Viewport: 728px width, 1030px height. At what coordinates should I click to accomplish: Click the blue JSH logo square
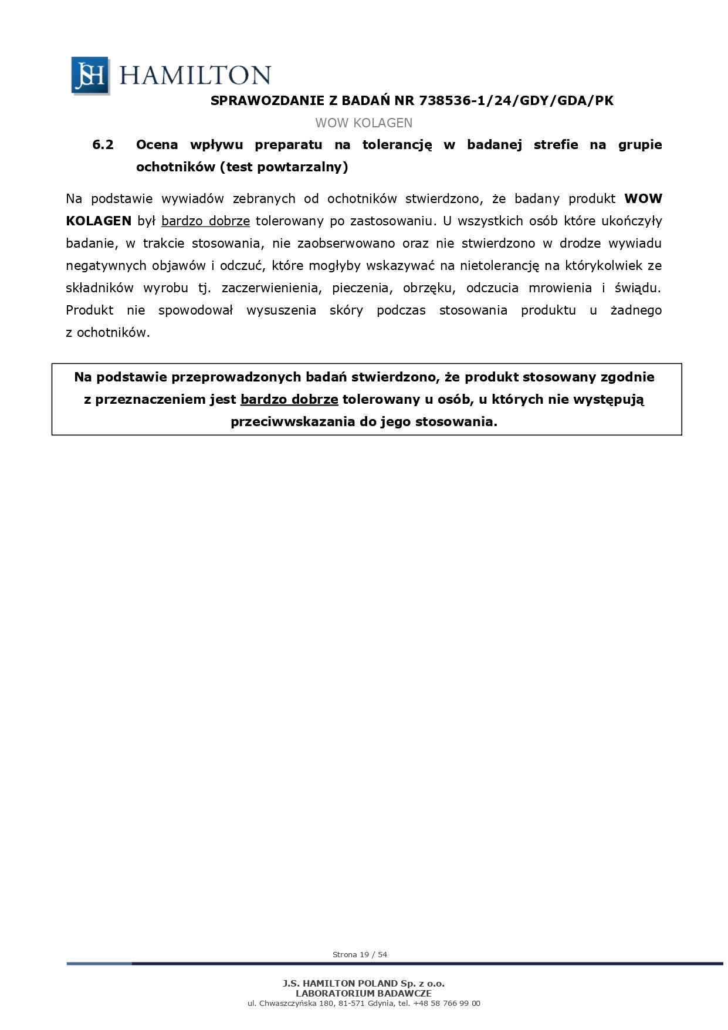tap(90, 75)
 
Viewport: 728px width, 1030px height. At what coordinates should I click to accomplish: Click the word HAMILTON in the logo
tap(195, 75)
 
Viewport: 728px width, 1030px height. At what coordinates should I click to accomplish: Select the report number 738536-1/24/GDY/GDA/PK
tap(516, 101)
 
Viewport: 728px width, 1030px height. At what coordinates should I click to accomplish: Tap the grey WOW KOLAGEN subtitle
tap(364, 123)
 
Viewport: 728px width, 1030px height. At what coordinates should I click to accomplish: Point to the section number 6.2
tap(103, 145)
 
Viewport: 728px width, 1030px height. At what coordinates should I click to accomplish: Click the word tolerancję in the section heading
tap(397, 145)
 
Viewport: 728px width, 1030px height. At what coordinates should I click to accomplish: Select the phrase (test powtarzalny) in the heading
tap(284, 167)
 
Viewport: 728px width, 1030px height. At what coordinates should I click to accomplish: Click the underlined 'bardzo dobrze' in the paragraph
tap(205, 221)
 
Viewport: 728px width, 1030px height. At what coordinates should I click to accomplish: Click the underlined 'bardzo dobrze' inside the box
tap(289, 400)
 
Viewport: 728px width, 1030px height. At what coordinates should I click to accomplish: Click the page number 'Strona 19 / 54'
tap(360, 954)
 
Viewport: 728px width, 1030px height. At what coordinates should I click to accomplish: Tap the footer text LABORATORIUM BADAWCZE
tap(364, 993)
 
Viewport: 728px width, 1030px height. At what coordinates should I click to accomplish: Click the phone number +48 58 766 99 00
tap(446, 1003)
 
